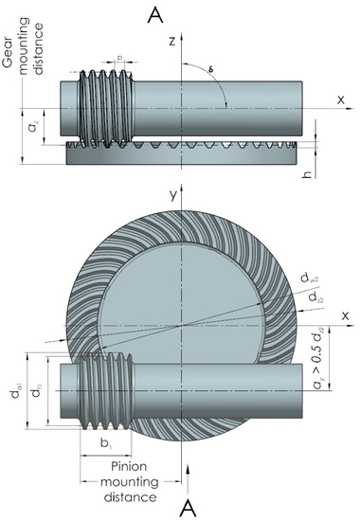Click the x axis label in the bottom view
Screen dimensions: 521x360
click(345, 315)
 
